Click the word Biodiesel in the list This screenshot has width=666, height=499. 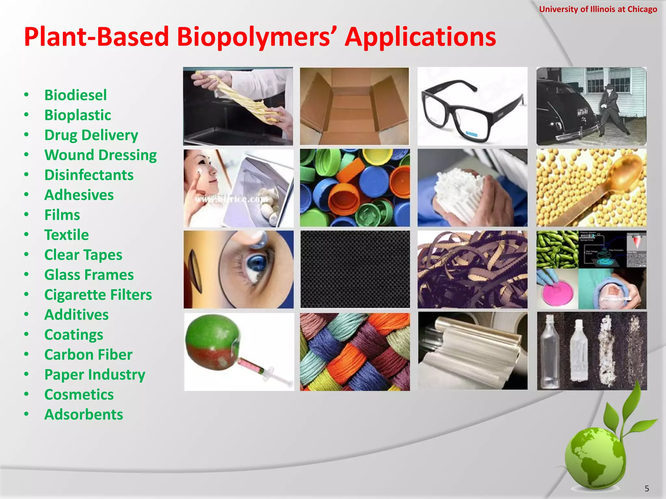click(x=75, y=95)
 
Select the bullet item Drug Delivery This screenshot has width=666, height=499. click(x=91, y=135)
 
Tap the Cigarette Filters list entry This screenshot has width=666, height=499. click(x=98, y=295)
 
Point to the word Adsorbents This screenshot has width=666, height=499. click(x=84, y=415)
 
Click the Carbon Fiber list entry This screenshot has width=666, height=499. click(x=88, y=354)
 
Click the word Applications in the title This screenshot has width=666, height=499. click(x=420, y=36)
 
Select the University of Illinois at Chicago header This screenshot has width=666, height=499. click(x=598, y=9)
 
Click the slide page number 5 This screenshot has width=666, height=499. click(x=646, y=489)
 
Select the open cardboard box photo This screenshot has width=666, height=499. click(x=354, y=107)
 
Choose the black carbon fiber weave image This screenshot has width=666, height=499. click(x=355, y=269)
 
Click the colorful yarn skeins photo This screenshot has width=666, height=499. click(x=355, y=352)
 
